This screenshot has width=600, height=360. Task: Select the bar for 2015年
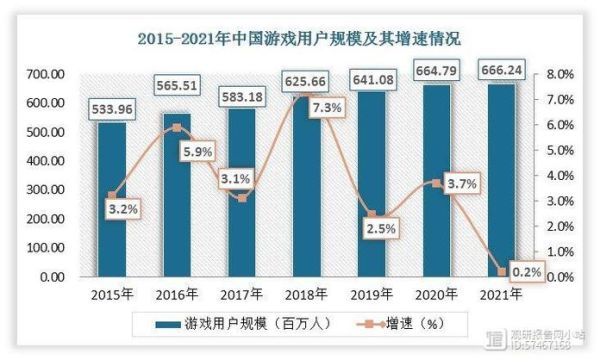(112, 200)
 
